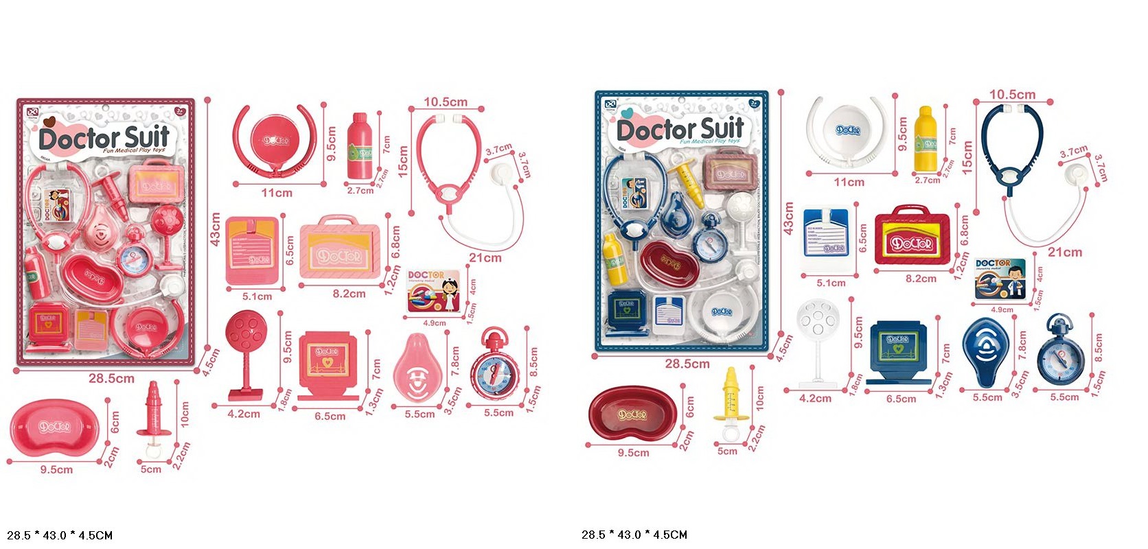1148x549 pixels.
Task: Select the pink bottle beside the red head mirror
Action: pyautogui.click(x=359, y=145)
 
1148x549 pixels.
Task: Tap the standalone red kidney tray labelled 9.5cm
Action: pyautogui.click(x=632, y=415)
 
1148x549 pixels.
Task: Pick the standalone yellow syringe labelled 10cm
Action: pyautogui.click(x=730, y=397)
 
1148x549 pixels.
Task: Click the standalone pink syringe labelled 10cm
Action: pyautogui.click(x=153, y=412)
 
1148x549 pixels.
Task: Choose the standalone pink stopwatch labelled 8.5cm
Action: pyautogui.click(x=495, y=366)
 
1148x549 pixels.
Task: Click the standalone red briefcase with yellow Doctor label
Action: pyautogui.click(x=912, y=235)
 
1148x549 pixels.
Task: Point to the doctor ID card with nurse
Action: pyautogui.click(x=434, y=292)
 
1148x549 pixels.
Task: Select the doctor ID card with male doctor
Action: pyautogui.click(x=1000, y=279)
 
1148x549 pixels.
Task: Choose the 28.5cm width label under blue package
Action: pyautogui.click(x=687, y=364)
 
